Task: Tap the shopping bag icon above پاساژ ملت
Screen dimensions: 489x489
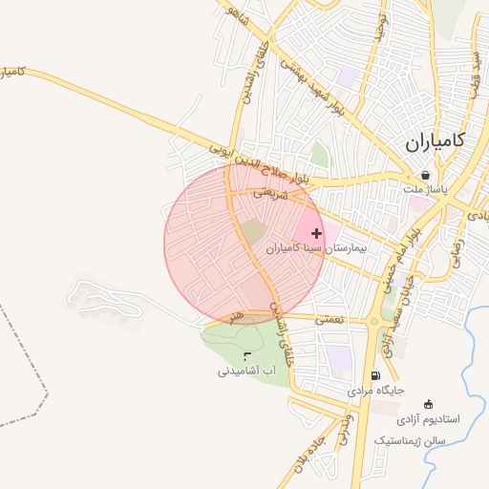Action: click(424, 176)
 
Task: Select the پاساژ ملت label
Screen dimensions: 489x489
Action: click(424, 190)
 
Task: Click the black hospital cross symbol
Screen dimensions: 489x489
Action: click(317, 233)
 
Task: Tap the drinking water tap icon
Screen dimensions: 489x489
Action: click(247, 356)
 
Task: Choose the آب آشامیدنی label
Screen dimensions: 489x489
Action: click(247, 370)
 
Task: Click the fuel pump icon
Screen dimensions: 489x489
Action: click(374, 376)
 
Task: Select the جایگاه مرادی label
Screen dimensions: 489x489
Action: click(376, 391)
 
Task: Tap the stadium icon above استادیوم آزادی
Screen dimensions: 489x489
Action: click(427, 403)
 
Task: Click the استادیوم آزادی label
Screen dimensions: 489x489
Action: click(428, 418)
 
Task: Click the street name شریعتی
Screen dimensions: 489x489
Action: click(270, 192)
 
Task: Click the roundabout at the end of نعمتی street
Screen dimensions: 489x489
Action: click(373, 322)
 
